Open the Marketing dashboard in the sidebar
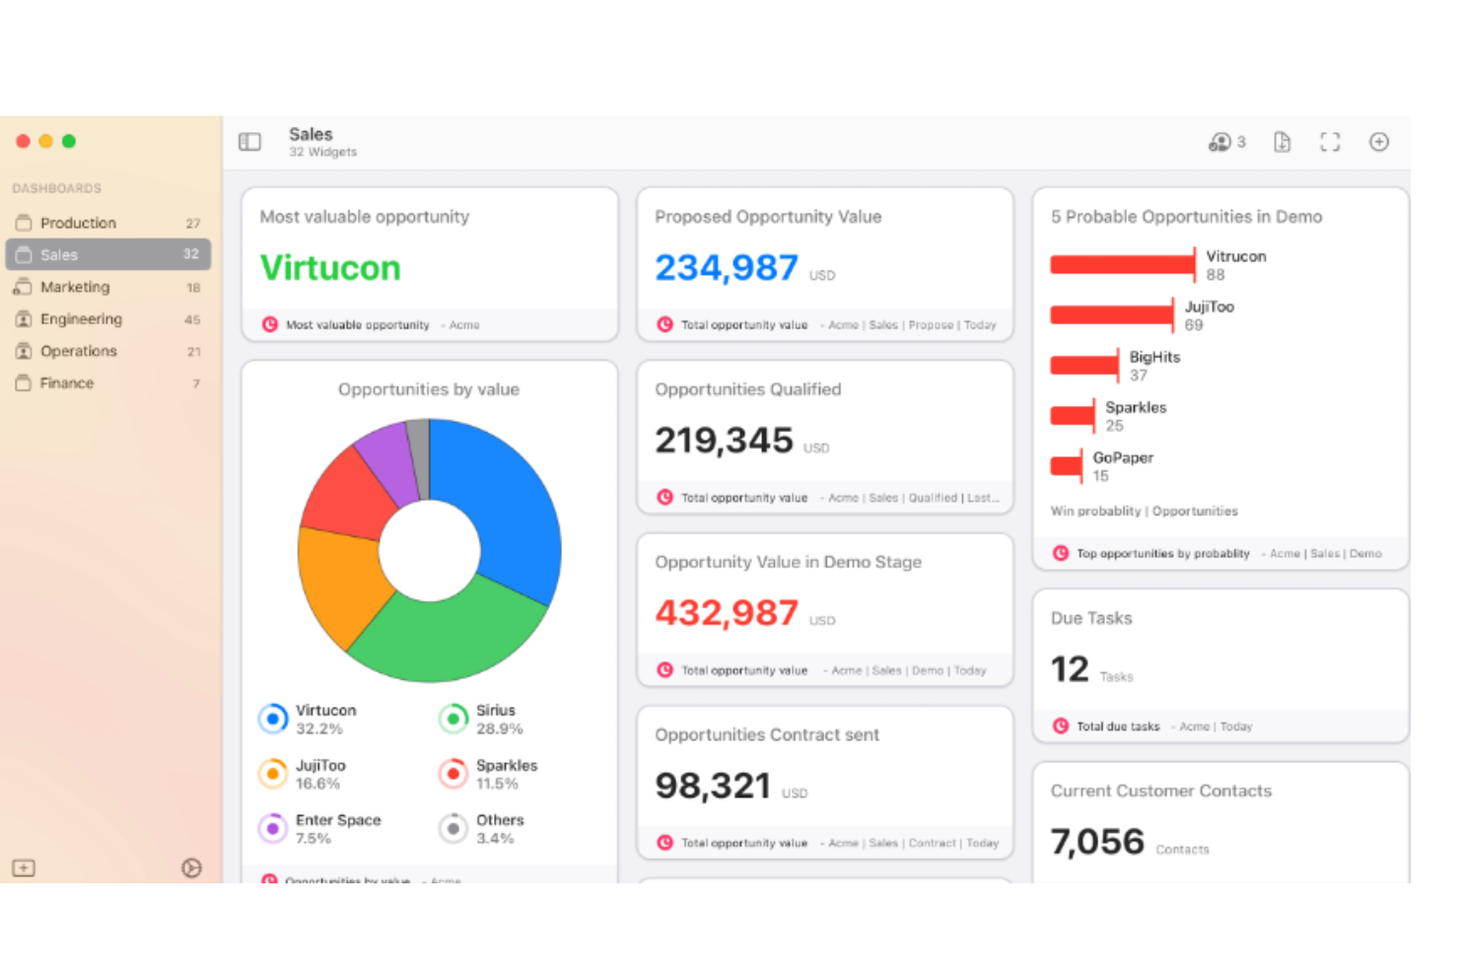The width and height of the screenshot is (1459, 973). pos(75,287)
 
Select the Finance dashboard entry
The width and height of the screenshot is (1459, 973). pos(67,383)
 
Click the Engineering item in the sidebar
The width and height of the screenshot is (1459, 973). pos(81,319)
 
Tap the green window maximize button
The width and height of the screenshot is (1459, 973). pos(69,141)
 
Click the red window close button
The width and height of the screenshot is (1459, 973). pos(23,141)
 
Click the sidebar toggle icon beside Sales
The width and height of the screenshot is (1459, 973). pos(249,142)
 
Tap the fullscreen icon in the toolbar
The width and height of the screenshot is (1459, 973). pos(1330,142)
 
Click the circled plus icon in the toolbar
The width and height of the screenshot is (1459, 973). pos(1379,142)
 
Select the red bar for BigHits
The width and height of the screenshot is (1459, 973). pos(1084,366)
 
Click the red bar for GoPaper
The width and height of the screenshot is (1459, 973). pos(1066,466)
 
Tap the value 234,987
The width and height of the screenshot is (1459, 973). pos(727,268)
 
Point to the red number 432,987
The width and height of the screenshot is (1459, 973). pos(727,613)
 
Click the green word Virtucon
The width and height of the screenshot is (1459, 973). pos(330,268)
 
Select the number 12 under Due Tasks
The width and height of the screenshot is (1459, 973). pos(1070,669)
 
